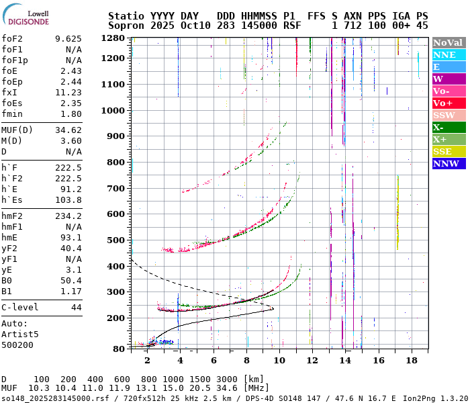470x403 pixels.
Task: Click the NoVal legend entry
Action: click(449, 42)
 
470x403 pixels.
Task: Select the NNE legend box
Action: click(449, 54)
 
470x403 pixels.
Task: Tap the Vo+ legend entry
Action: click(449, 103)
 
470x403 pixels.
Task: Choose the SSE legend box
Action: click(449, 151)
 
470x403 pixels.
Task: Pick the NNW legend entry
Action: click(449, 163)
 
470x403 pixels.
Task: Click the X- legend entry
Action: click(449, 127)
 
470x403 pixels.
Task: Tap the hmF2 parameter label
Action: click(13, 216)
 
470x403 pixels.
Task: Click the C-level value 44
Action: click(76, 307)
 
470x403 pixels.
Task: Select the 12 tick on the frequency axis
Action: click(312, 361)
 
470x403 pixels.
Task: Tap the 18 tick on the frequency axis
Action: click(411, 361)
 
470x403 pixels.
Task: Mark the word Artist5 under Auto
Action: click(20, 334)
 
